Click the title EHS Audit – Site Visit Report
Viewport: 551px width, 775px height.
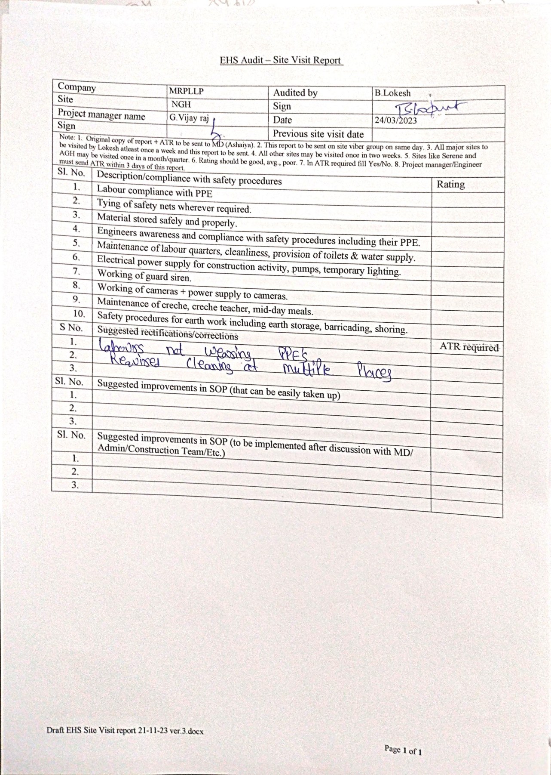click(x=281, y=60)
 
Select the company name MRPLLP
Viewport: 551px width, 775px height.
click(x=186, y=91)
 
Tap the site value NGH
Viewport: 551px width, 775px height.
click(x=181, y=104)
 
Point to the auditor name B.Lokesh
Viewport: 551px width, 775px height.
click(x=392, y=93)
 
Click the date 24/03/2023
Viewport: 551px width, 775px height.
click(x=395, y=120)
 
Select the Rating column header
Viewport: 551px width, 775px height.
click(x=450, y=184)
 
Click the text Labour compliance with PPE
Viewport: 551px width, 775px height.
click(x=154, y=191)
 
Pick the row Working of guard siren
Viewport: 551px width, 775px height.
click(x=144, y=275)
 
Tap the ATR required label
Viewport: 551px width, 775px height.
click(x=469, y=347)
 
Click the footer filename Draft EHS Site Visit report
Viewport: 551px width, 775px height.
click(x=125, y=731)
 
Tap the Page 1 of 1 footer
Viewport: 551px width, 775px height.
click(x=403, y=750)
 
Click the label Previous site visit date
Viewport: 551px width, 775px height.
click(x=318, y=134)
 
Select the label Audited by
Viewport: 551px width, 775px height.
click(x=295, y=93)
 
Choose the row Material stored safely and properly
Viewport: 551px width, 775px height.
click(x=167, y=220)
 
